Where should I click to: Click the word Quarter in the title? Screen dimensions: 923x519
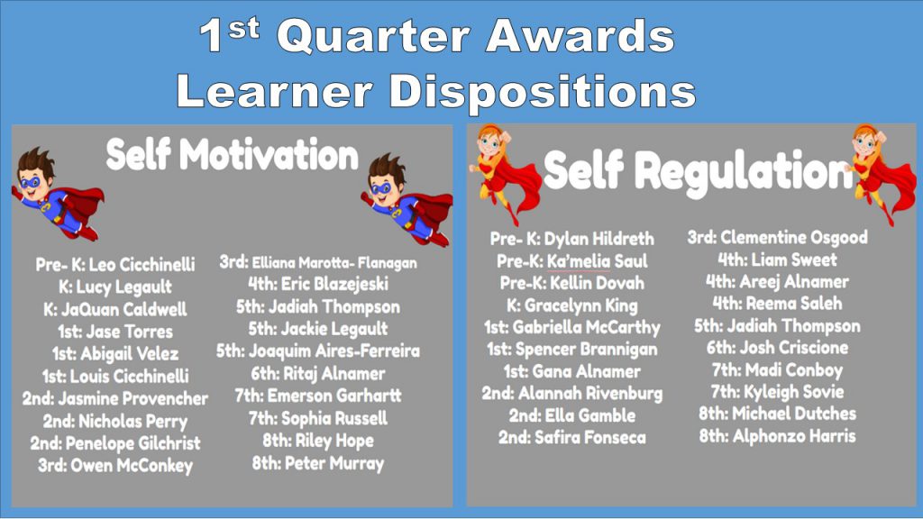373,36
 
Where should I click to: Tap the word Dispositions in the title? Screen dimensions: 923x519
542,91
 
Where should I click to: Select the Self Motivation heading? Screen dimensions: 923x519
232,155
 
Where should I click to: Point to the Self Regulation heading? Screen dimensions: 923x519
698,171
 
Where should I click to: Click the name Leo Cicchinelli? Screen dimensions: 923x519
142,264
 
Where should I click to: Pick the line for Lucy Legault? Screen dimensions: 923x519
115,287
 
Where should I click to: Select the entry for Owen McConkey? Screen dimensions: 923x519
115,466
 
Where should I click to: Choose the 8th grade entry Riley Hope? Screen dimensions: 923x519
318,441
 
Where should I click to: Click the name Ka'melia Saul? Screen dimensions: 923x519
598,260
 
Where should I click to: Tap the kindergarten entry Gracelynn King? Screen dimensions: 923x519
572,305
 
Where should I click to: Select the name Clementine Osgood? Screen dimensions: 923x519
794,237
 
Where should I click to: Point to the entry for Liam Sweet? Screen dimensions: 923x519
777,259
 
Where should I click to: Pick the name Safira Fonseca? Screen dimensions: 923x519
590,437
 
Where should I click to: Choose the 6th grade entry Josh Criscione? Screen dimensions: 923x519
777,348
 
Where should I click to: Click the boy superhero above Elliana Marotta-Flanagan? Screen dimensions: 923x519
407,199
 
